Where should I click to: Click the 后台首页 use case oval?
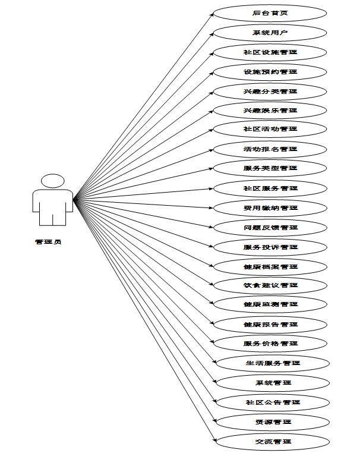[x=270, y=12]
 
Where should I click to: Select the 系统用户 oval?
[x=270, y=32]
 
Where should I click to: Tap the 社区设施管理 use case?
[x=270, y=52]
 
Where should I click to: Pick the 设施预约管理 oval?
[x=270, y=71]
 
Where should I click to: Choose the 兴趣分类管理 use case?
[x=270, y=91]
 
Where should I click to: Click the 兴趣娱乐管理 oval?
[x=270, y=110]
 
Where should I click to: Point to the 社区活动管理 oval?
[x=270, y=129]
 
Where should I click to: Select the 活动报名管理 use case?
[x=270, y=149]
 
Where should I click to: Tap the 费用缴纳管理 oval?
[x=270, y=207]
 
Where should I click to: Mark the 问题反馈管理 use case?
[x=270, y=227]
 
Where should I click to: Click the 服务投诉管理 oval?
[x=270, y=247]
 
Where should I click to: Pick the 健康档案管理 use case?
[x=270, y=266]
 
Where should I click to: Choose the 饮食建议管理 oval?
[x=270, y=285]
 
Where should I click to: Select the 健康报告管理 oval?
[x=270, y=324]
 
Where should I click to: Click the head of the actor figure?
[x=53, y=181]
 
